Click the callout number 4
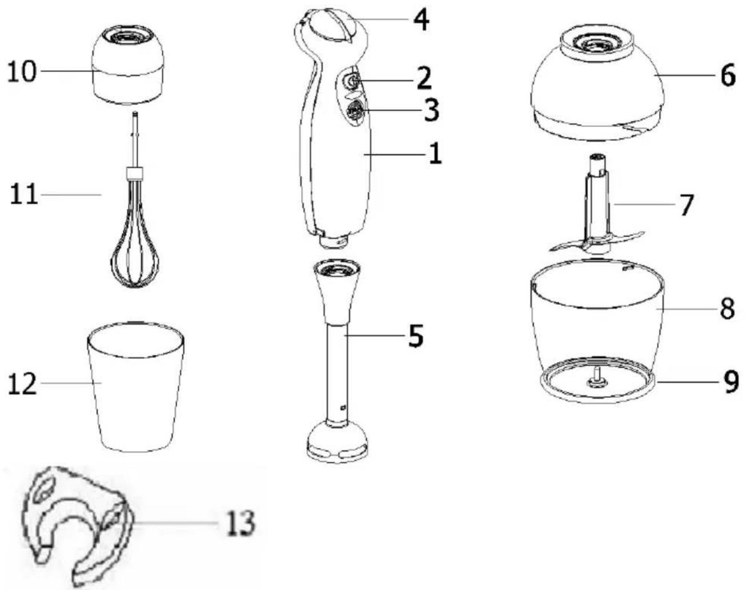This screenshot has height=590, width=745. point(421,19)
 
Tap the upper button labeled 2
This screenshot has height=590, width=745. point(351,82)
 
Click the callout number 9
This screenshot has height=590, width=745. point(731,382)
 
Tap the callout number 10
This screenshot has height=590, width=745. point(22,71)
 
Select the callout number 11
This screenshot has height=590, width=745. point(23,195)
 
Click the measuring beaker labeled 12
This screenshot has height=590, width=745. point(135,387)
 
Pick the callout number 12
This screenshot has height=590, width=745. point(22,384)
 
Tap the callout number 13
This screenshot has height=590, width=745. point(241,523)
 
